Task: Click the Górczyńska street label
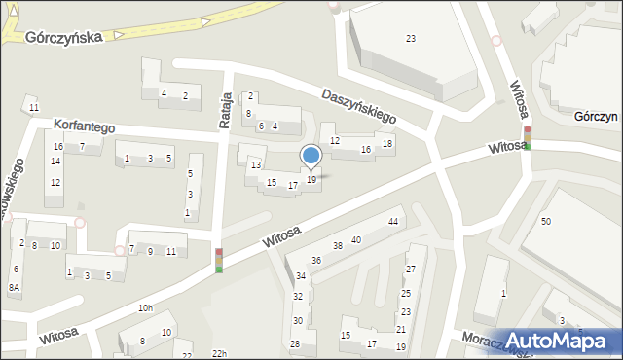[x=64, y=36]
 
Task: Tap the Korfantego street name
[x=77, y=127]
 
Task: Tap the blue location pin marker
[x=311, y=157]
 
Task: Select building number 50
[x=546, y=223]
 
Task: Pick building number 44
[x=393, y=223]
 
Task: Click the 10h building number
[x=145, y=308]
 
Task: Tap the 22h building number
[x=219, y=353]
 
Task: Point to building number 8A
[x=14, y=288]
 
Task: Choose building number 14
[x=55, y=162]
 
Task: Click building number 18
[x=387, y=145]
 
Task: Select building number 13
[x=256, y=165]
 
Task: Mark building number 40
[x=356, y=239]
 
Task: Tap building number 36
[x=316, y=261]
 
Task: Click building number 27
[x=410, y=269]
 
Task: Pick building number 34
[x=299, y=277]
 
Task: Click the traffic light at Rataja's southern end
[x=219, y=260]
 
